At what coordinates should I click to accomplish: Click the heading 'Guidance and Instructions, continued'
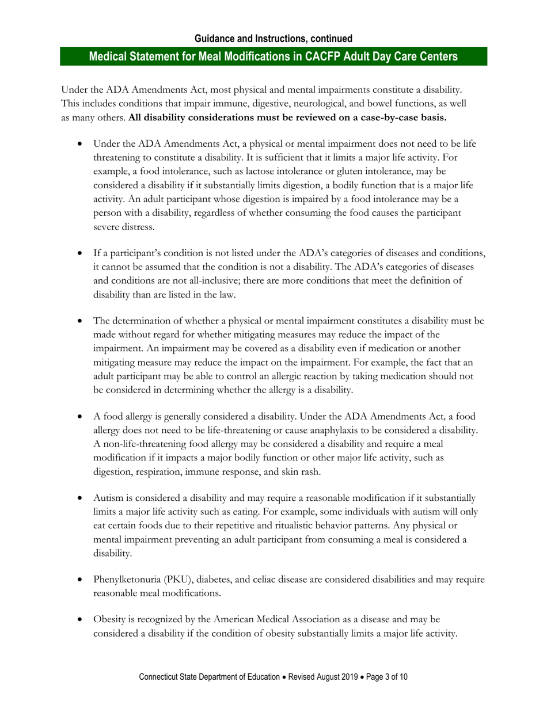click(273, 39)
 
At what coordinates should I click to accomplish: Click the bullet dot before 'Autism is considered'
click(81, 498)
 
